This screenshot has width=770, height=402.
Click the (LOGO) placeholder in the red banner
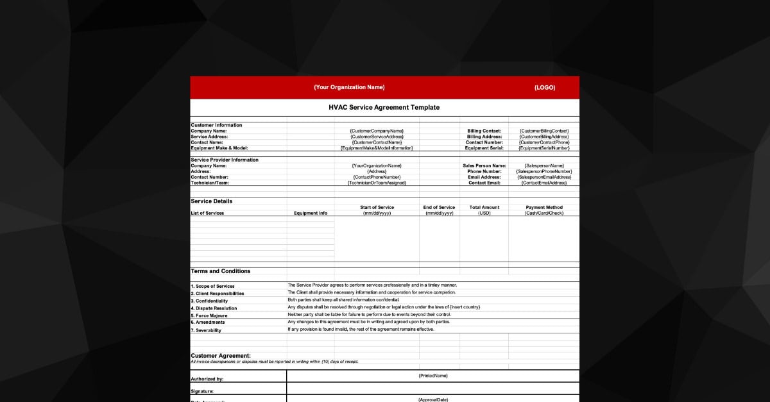(x=544, y=88)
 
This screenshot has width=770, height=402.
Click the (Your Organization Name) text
(x=349, y=88)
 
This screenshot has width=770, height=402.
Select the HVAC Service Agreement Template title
(x=384, y=108)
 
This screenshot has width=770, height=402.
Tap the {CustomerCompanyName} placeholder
(x=377, y=131)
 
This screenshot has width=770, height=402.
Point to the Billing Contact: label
(x=484, y=131)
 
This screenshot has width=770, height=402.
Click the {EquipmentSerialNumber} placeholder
(x=543, y=148)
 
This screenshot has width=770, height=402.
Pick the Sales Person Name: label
(x=484, y=165)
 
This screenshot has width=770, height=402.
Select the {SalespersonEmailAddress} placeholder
(x=543, y=177)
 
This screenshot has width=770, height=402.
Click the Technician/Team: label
(x=210, y=183)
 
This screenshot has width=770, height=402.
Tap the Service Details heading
(x=212, y=201)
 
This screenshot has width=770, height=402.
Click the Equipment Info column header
(x=311, y=213)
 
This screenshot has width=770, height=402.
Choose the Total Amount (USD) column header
(x=484, y=210)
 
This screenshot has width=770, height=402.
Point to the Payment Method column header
(x=544, y=208)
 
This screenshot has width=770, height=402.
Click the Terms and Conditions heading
(x=221, y=271)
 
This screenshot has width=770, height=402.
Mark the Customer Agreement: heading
(x=221, y=355)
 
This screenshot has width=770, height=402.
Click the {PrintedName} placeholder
(x=432, y=376)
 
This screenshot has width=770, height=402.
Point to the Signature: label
(x=202, y=390)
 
